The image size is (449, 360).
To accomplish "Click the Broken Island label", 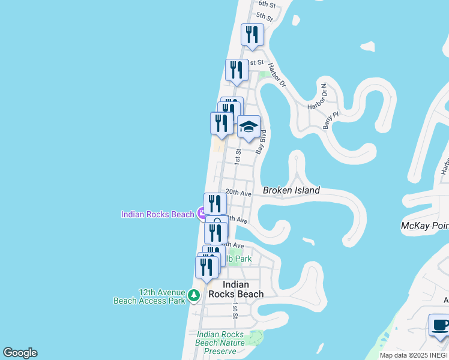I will pos(291,191).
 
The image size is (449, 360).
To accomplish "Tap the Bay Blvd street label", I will pos(260,142).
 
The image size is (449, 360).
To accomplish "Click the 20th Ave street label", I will pos(238,193).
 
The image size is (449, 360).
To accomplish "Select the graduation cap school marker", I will pos(249,127).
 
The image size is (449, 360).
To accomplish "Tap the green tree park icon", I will pos(193,295).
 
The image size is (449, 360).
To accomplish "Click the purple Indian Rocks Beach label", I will pos(158,214).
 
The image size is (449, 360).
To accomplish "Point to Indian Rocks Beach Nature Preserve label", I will pos(220,343).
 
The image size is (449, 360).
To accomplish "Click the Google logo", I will pos(20,353).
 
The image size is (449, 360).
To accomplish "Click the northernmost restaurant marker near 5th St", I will pos(252,35).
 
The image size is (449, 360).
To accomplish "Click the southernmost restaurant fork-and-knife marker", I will pos(206,267).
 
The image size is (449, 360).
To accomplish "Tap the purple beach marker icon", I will pos(202,212).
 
